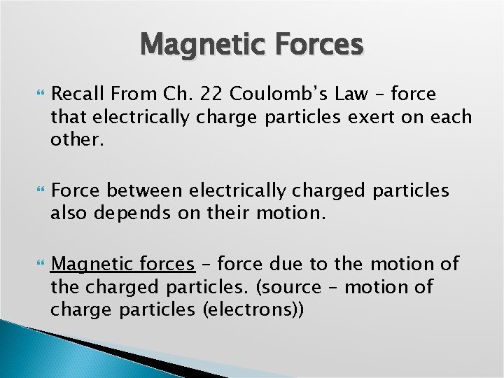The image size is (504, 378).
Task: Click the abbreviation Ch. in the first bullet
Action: (x=171, y=94)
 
